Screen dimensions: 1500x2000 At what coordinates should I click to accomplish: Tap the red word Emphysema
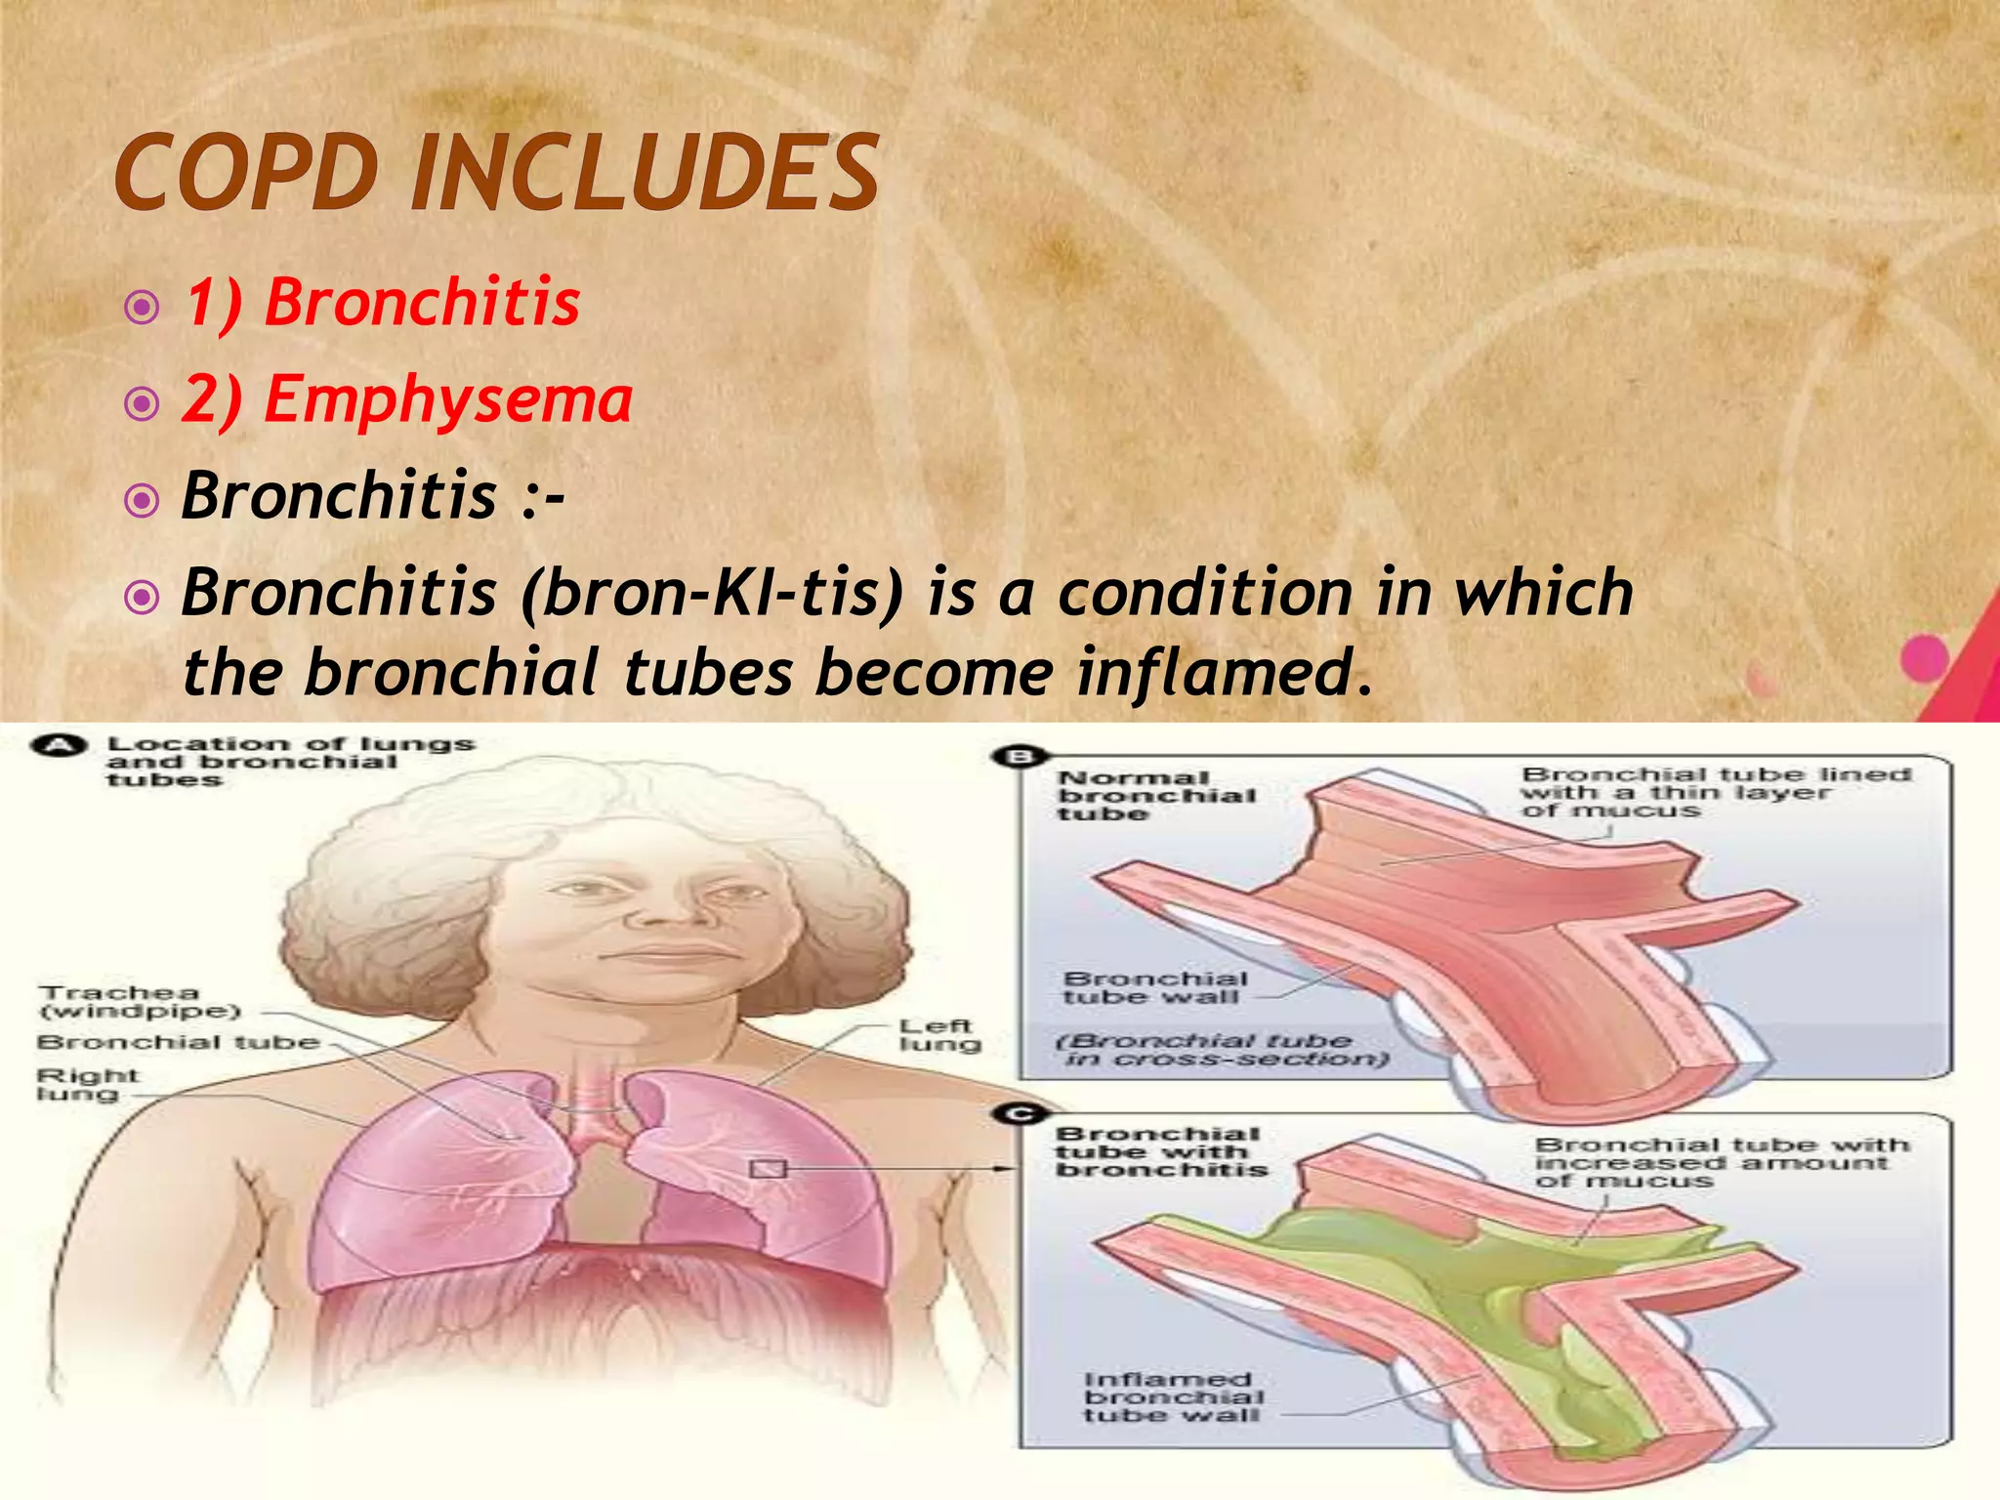click(448, 399)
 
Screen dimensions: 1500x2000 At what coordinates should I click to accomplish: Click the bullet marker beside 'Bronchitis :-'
click(143, 501)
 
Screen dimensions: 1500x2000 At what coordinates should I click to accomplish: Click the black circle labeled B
click(1020, 757)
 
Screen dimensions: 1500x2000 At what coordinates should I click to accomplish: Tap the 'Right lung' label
click(87, 1084)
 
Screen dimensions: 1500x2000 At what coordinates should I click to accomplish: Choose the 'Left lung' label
click(938, 1035)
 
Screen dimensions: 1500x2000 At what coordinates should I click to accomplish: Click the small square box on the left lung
click(768, 1168)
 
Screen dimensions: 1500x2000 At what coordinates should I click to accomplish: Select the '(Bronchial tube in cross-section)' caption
click(1221, 1050)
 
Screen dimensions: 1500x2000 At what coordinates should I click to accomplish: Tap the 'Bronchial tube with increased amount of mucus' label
click(1719, 1162)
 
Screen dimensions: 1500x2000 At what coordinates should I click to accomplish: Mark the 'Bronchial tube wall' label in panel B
click(1155, 987)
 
